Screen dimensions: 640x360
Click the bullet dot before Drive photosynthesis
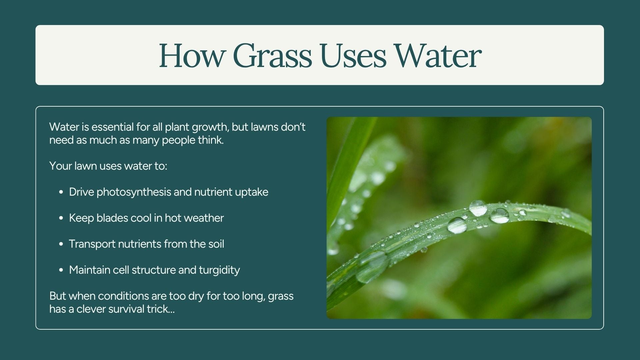click(x=61, y=192)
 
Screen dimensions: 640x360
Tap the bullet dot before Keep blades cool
click(x=61, y=218)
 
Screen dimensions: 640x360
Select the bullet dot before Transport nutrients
click(x=61, y=244)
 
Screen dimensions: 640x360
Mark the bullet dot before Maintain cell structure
click(x=61, y=270)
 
